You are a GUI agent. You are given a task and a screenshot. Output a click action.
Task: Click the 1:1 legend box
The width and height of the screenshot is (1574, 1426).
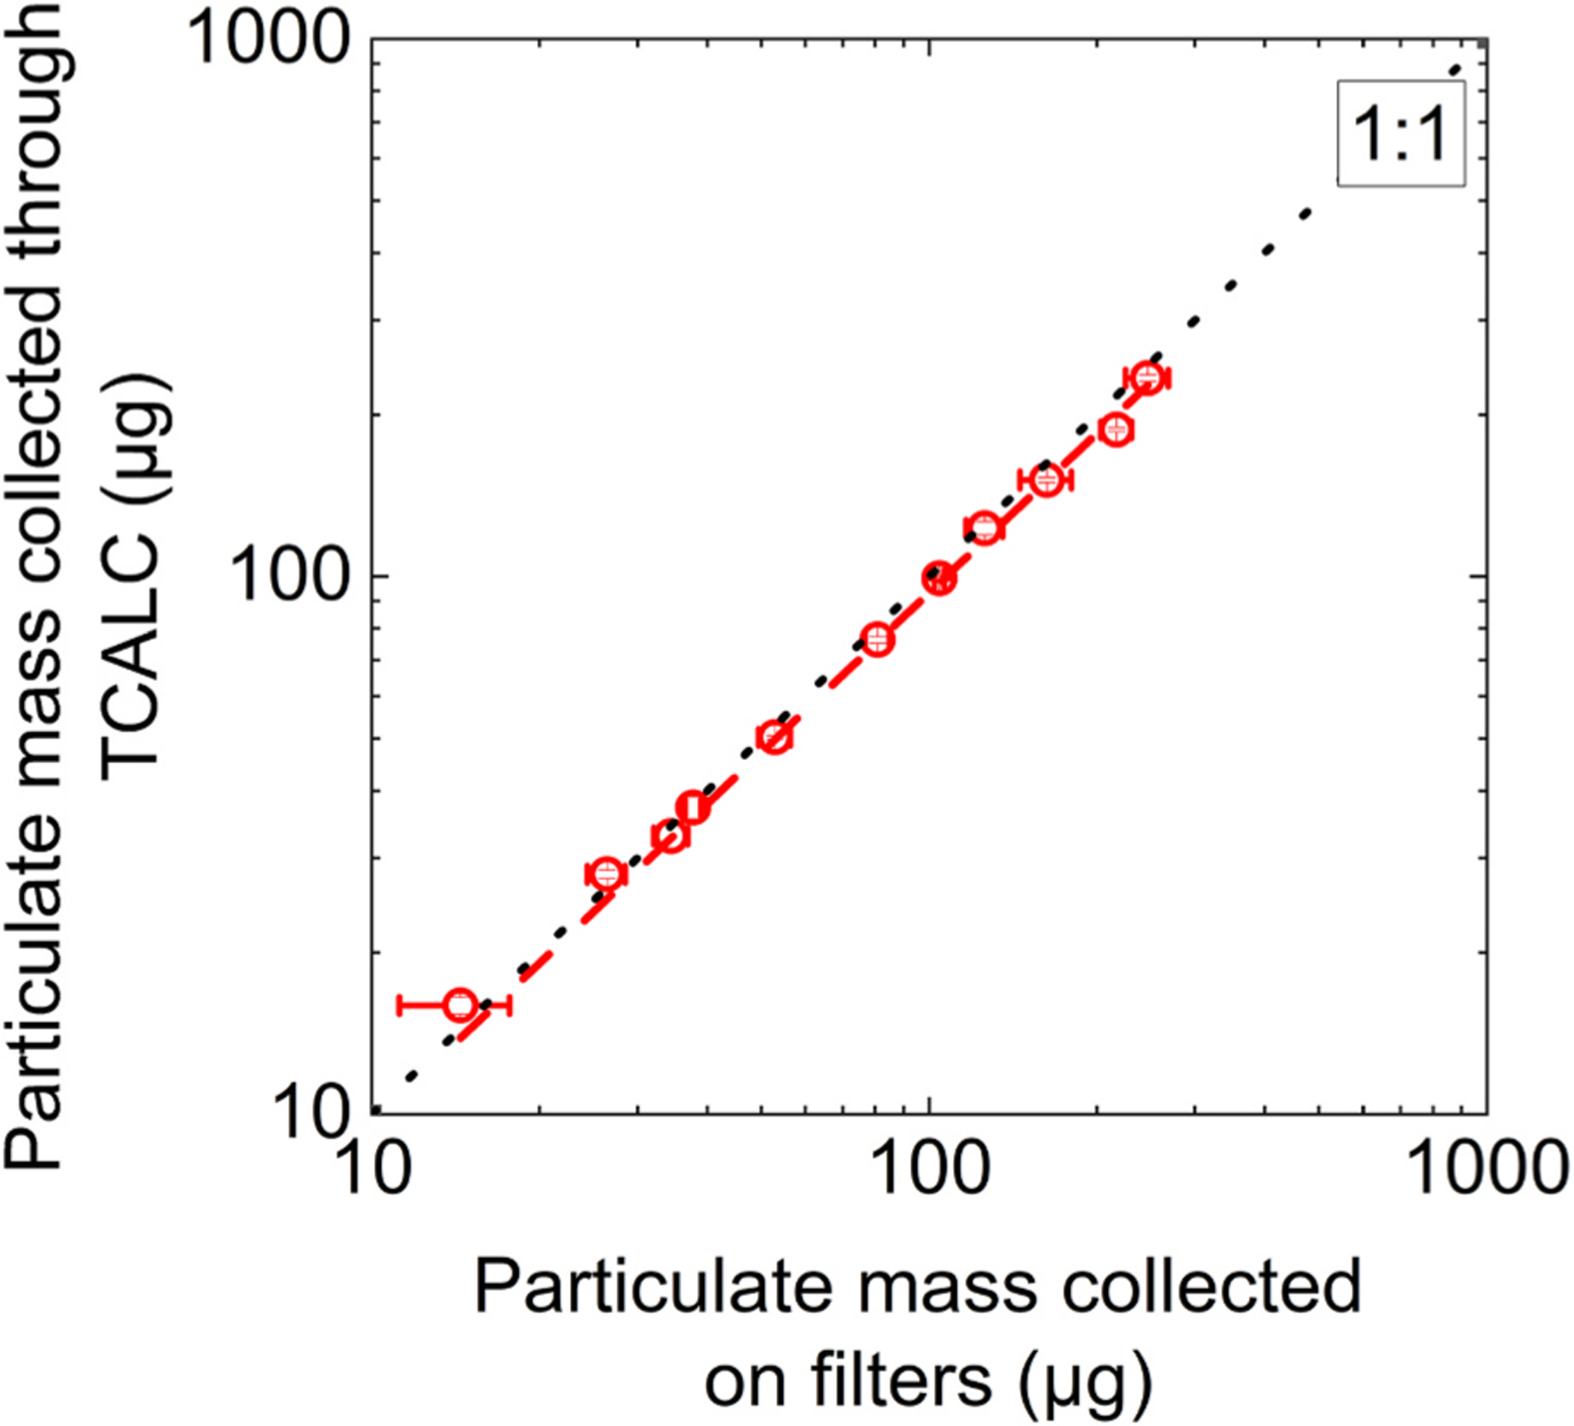1400,134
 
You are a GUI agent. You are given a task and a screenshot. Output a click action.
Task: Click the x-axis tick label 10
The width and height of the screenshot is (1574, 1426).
373,1169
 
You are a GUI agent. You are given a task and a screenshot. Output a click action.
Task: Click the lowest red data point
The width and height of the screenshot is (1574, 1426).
460,1005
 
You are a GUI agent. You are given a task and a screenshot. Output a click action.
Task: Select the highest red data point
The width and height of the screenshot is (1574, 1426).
1147,378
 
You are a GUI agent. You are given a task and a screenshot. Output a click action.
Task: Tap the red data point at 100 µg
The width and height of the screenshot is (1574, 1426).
939,578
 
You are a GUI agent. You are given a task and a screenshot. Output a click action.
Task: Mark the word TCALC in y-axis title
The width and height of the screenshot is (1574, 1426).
131,656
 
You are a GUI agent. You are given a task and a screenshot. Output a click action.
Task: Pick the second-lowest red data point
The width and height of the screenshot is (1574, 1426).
605,873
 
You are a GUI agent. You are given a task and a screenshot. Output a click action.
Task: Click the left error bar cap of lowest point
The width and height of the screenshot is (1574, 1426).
400,1005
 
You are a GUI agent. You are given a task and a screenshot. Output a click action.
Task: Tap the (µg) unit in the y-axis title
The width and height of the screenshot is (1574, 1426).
136,437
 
